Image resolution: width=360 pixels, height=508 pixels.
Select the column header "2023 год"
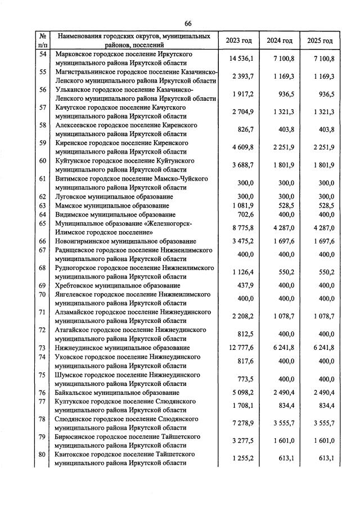coord(238,41)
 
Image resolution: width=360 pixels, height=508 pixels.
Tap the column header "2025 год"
coord(319,41)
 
